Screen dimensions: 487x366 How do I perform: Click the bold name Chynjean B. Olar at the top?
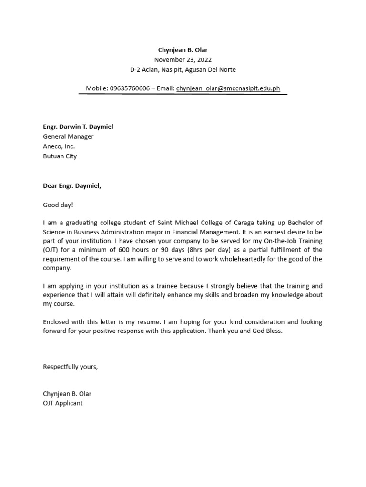[x=183, y=50]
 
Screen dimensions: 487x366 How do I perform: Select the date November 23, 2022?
[x=183, y=60]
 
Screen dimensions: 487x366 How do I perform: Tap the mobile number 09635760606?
[x=130, y=88]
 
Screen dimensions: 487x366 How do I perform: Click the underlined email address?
[x=228, y=88]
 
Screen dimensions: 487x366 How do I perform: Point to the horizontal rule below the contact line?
[x=183, y=94]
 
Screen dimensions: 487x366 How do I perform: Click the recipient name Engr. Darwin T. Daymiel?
[x=78, y=127]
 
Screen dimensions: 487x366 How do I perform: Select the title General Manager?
[x=68, y=136]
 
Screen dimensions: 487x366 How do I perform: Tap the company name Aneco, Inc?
[x=59, y=146]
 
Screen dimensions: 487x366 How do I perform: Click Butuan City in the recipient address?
[x=60, y=156]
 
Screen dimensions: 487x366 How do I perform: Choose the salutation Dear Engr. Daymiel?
[x=72, y=185]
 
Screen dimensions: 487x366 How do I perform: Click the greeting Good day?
[x=59, y=205]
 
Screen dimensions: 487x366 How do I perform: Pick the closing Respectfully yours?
[x=70, y=366]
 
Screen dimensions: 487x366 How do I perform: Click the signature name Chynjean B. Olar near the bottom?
[x=67, y=394]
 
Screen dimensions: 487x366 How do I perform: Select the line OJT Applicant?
[x=63, y=403]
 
